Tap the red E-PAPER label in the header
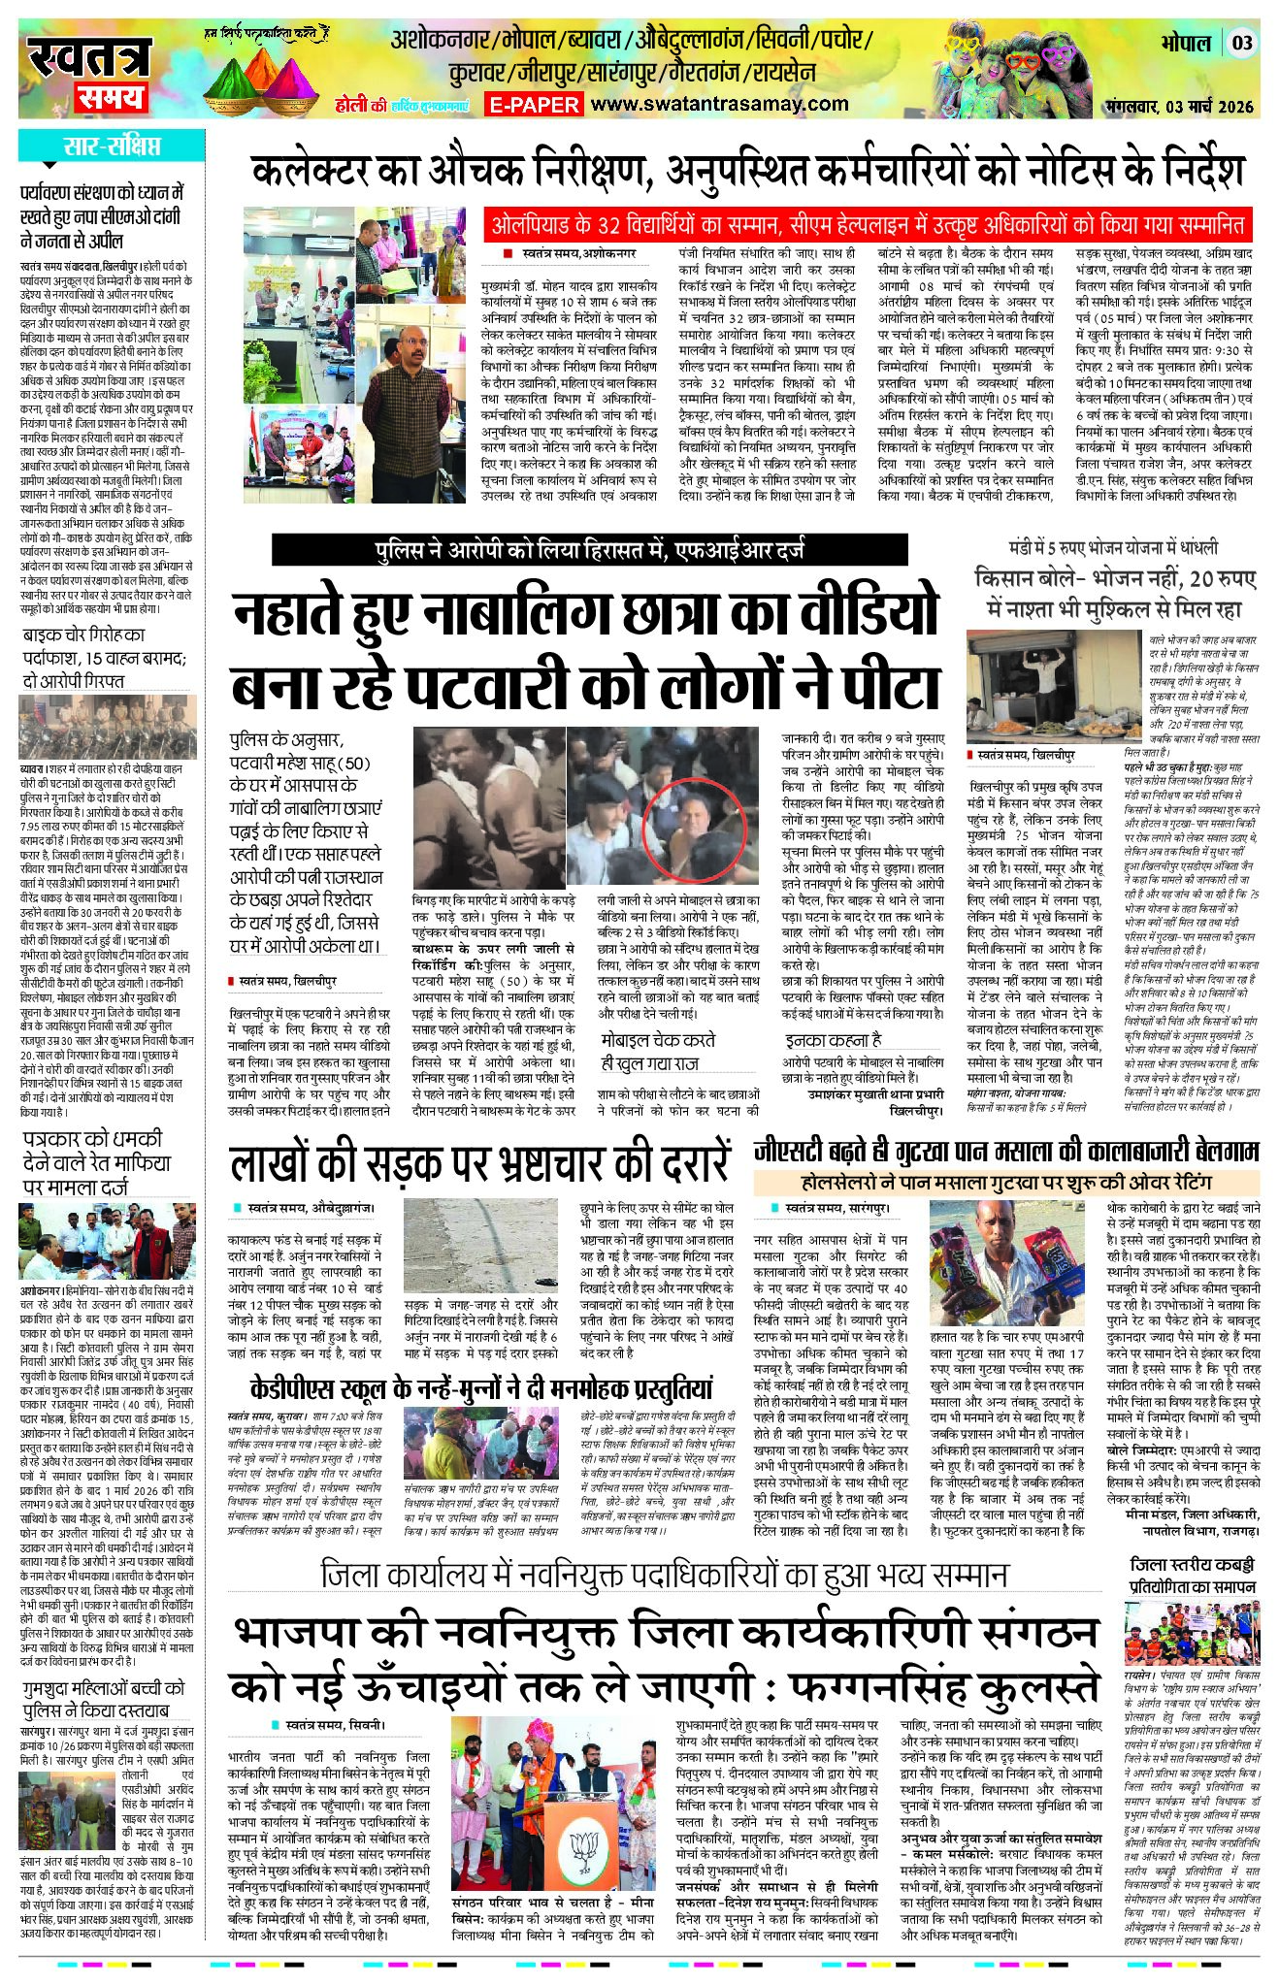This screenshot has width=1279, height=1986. click(534, 105)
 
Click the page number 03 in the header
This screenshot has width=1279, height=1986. click(1243, 44)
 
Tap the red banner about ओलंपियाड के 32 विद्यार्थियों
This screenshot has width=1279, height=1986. click(866, 225)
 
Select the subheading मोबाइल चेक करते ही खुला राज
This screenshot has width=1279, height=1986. click(658, 1050)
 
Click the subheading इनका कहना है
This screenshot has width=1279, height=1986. click(834, 1040)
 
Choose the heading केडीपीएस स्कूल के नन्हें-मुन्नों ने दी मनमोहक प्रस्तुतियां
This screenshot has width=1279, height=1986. click(480, 1386)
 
